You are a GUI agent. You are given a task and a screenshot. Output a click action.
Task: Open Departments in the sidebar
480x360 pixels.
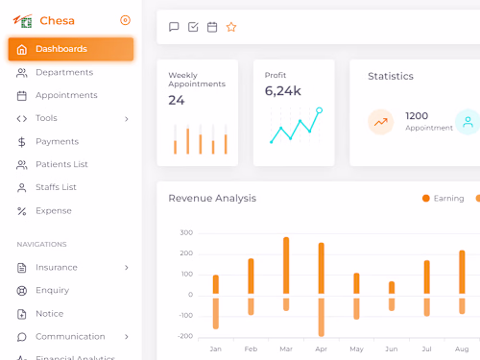coord(63,72)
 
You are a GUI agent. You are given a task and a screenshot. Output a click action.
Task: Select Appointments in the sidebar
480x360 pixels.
coord(66,95)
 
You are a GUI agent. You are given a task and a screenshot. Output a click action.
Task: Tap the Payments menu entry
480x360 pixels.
coord(57,141)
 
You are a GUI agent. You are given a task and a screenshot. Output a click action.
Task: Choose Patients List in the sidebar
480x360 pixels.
coord(61,164)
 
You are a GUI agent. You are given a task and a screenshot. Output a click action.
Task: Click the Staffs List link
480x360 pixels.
coord(56,187)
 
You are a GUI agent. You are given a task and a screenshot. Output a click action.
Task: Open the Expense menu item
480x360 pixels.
coord(53,210)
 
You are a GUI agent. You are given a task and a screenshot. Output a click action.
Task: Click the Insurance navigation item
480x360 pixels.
coord(57,267)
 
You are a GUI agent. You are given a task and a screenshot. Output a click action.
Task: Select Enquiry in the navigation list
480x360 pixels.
coord(52,290)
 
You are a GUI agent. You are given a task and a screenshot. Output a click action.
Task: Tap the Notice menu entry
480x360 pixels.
coord(49,313)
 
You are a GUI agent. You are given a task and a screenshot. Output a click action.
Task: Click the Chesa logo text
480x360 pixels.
coord(57,20)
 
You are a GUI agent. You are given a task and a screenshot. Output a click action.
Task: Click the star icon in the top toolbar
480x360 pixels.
coord(231,27)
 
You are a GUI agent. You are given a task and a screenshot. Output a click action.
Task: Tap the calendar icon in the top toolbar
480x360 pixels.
coord(212,27)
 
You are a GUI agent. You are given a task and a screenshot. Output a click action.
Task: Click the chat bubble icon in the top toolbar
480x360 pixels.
coord(174,27)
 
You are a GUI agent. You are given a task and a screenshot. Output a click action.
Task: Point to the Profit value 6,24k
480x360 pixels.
coord(283,91)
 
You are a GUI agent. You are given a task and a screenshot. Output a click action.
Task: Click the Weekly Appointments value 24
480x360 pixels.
coord(177,100)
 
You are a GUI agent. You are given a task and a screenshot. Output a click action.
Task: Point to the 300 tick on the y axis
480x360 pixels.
coord(185,232)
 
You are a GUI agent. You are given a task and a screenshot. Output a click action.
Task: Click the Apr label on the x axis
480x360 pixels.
coord(321,348)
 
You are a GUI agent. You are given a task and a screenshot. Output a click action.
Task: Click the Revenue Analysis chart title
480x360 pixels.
coord(212,199)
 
